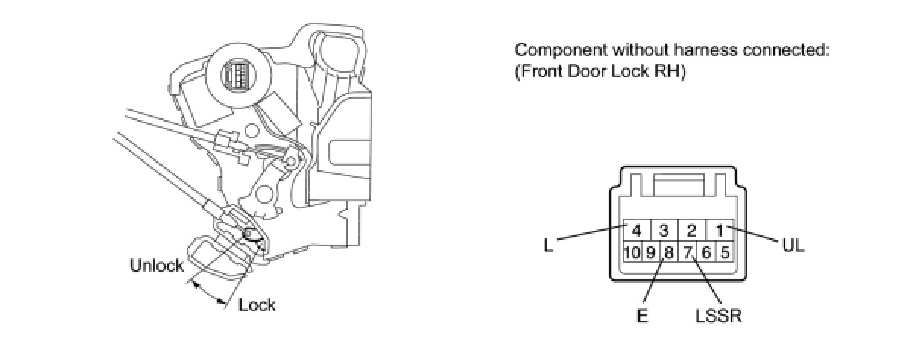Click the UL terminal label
792,246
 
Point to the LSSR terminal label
717,314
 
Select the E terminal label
642,314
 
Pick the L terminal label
548,246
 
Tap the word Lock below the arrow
257,305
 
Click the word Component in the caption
557,51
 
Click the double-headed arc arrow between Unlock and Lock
208,293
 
